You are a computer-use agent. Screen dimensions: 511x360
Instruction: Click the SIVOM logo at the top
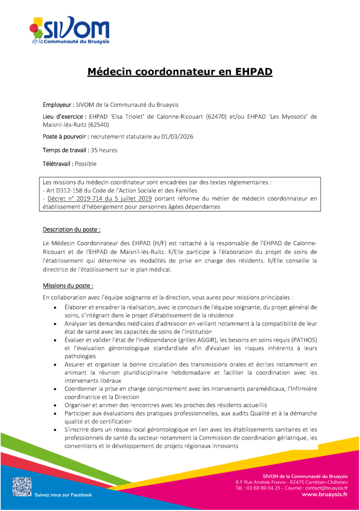(69, 31)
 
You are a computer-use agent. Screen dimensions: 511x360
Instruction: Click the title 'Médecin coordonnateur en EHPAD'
(180, 72)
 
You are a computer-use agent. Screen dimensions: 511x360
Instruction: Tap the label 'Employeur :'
(58, 105)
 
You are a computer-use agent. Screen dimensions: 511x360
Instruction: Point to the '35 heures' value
(104, 150)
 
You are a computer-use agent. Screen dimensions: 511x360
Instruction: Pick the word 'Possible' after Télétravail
(86, 163)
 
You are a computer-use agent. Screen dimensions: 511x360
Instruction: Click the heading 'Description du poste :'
(72, 230)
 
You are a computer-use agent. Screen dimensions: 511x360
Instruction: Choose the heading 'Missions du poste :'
(68, 286)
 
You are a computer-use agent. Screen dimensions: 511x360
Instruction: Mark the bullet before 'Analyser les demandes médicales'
(54, 324)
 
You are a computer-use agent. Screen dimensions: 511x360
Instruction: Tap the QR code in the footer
(21, 486)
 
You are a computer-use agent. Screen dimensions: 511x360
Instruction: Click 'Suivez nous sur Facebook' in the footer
(63, 495)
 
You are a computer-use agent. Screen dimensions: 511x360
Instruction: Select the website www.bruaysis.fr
(325, 494)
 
